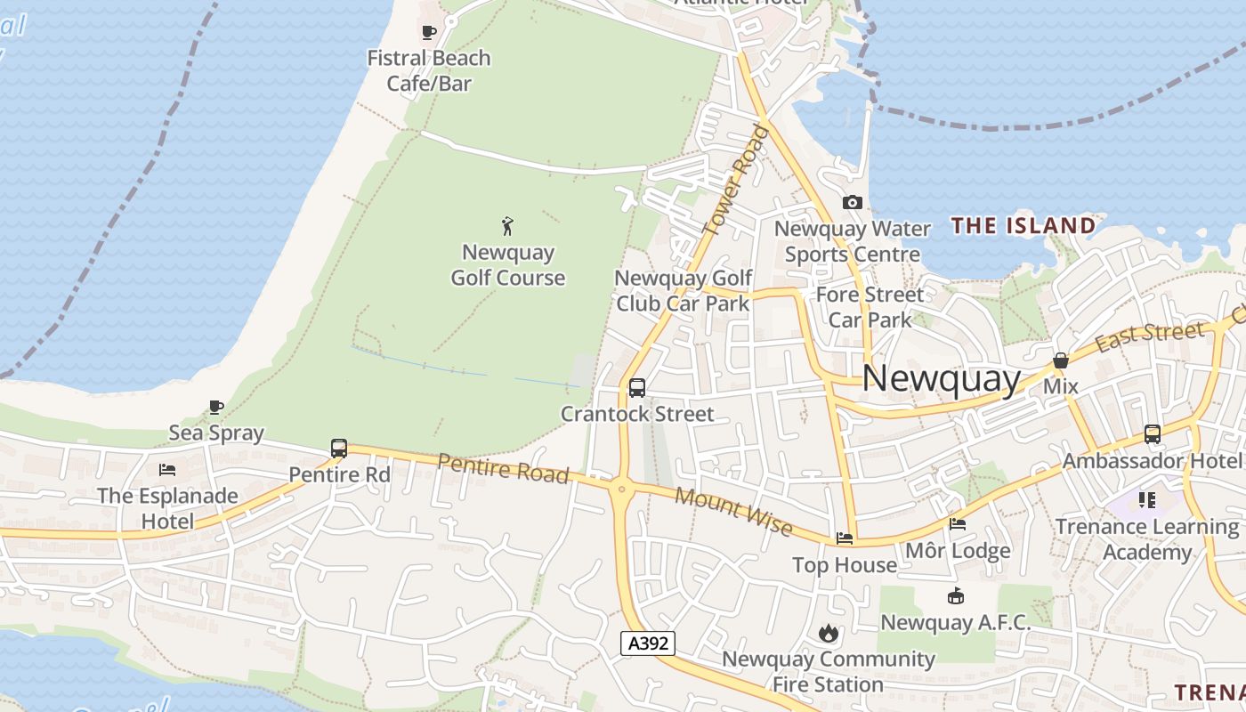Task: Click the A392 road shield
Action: [648, 643]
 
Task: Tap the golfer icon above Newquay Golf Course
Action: [508, 226]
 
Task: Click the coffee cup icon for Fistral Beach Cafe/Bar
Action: [429, 33]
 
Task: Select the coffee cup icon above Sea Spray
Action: [216, 407]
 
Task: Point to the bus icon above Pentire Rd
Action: [339, 448]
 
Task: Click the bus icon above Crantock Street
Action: [637, 387]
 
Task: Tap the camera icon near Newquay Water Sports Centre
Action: [852, 202]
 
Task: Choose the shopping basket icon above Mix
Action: [1060, 360]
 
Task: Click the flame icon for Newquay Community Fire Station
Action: [829, 633]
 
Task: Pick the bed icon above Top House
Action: [845, 538]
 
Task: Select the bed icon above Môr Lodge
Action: [958, 523]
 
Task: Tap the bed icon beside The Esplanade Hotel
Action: [167, 469]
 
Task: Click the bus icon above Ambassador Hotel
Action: [1153, 434]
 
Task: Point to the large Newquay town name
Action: [942, 379]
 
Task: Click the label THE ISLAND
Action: [1023, 225]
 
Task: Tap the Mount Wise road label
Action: [733, 512]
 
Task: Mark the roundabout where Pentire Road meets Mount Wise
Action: [620, 487]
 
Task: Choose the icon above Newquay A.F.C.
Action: [956, 595]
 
